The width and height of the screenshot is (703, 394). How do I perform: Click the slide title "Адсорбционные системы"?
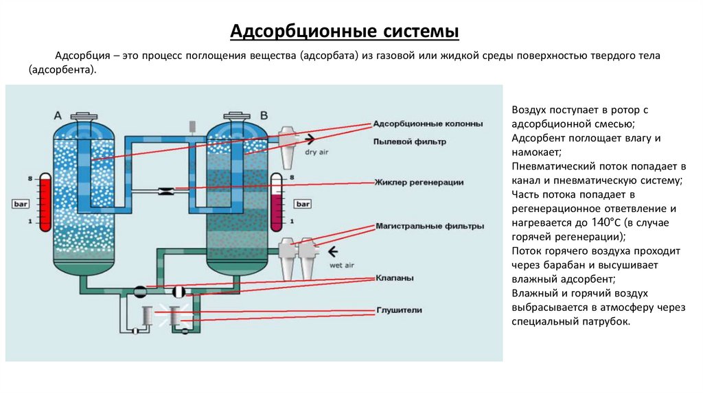point(343,32)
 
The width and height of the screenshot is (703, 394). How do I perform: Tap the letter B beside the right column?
point(264,114)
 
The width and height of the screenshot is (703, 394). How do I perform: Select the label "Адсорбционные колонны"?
point(427,124)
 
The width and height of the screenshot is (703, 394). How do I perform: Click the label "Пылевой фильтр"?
point(409,141)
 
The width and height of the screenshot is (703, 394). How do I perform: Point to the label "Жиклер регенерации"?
point(418,182)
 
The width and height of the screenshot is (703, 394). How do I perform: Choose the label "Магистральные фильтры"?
point(429,226)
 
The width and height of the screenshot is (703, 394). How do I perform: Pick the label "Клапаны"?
point(394,279)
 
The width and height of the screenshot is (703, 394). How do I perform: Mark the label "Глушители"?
point(398,310)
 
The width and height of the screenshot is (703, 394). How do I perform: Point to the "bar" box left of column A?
point(19,204)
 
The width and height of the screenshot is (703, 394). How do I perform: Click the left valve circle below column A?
point(141,292)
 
